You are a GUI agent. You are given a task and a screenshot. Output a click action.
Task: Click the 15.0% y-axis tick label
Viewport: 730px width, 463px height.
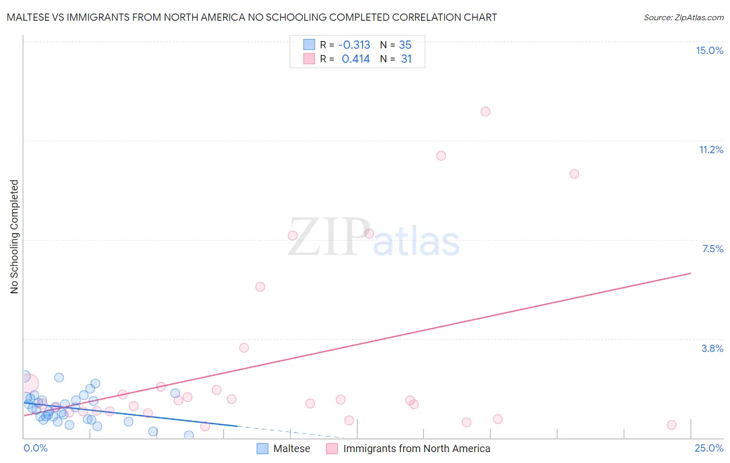pyautogui.click(x=709, y=50)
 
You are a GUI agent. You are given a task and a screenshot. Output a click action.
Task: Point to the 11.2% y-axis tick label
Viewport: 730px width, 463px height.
pyautogui.click(x=711, y=149)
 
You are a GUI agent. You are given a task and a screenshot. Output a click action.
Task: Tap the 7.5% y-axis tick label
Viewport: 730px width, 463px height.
pyautogui.click(x=712, y=249)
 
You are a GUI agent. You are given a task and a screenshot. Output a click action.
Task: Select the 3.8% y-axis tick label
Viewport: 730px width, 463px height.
pyautogui.click(x=712, y=348)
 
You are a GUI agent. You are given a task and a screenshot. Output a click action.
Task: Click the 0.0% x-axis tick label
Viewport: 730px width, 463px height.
pyautogui.click(x=35, y=448)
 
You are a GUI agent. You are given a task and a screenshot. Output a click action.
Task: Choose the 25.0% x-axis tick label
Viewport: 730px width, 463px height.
pyautogui.click(x=709, y=448)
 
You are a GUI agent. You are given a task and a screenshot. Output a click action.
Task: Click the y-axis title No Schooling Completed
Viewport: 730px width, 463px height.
pyautogui.click(x=15, y=237)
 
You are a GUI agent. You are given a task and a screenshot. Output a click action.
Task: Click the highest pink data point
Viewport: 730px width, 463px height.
pyautogui.click(x=485, y=112)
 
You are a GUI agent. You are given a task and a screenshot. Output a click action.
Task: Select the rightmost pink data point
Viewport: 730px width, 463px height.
pyautogui.click(x=671, y=425)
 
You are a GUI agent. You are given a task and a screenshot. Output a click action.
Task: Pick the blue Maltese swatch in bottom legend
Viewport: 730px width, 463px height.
pyautogui.click(x=263, y=448)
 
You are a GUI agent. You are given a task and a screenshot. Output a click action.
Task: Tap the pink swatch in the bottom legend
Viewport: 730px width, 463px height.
pyautogui.click(x=332, y=448)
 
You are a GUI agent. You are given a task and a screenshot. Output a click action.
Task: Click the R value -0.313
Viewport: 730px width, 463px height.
pyautogui.click(x=354, y=45)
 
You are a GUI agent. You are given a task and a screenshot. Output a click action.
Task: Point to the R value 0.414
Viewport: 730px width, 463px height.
pyautogui.click(x=356, y=59)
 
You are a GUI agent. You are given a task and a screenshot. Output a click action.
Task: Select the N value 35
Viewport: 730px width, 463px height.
pyautogui.click(x=405, y=45)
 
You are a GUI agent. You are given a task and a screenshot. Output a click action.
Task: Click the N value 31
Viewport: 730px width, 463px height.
pyautogui.click(x=406, y=59)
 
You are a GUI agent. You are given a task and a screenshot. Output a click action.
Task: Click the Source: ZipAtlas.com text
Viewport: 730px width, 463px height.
pyautogui.click(x=683, y=18)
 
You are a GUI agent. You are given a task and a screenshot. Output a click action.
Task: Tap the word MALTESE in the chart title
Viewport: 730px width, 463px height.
pyautogui.click(x=29, y=18)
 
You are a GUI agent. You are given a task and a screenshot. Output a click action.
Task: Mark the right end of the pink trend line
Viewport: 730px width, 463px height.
pyautogui.click(x=691, y=273)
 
